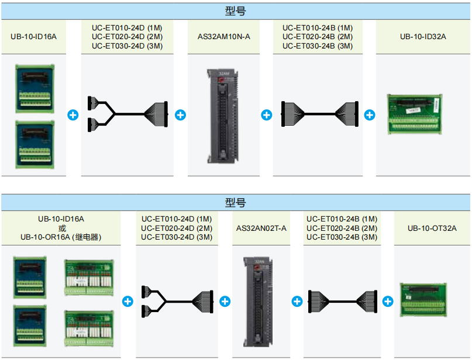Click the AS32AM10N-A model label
[223, 37]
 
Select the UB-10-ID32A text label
[423, 37]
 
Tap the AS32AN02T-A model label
[261, 228]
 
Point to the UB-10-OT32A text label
[432, 228]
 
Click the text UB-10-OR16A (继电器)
[61, 237]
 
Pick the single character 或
[61, 228]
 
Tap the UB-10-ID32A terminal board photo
[415, 114]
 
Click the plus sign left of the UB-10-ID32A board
[370, 115]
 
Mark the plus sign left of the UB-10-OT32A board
[387, 302]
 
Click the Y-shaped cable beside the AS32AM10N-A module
[127, 114]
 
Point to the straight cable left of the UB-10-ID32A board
[318, 114]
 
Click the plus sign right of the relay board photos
[128, 302]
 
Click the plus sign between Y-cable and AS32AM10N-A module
[180, 115]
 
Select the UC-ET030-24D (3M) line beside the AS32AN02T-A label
[177, 237]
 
